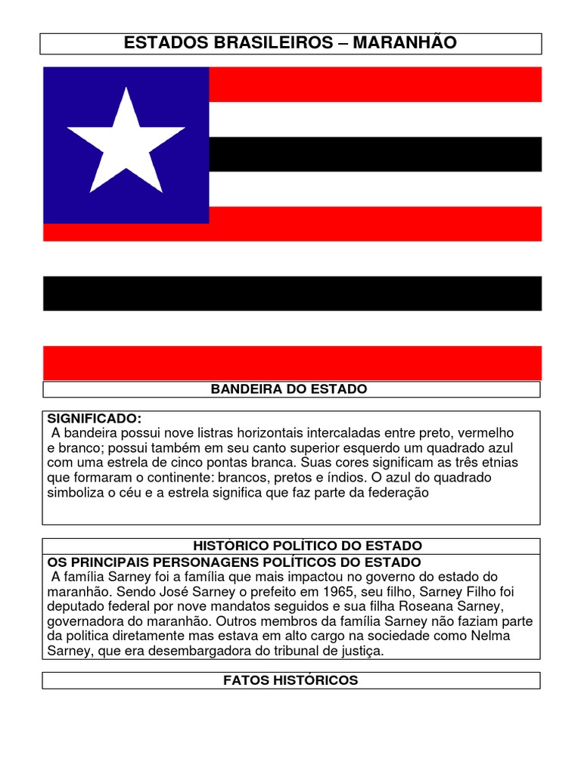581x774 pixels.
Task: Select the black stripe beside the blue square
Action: (374, 154)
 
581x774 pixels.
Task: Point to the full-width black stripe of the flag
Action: (292, 293)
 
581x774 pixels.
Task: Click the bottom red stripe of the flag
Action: (292, 363)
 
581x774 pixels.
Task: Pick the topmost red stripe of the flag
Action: (374, 84)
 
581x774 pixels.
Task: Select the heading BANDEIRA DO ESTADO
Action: (288, 389)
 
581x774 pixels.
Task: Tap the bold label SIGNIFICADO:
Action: (95, 418)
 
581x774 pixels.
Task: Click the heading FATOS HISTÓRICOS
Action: (290, 680)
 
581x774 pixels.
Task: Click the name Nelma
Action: (484, 635)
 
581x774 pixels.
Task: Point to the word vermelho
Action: (487, 433)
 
